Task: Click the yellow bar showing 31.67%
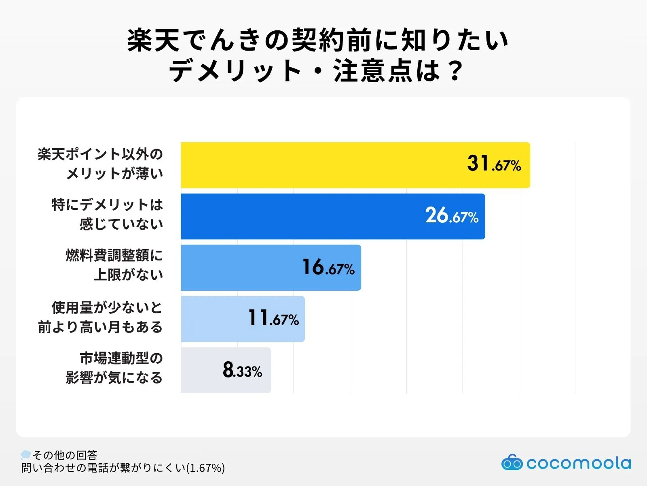(x=323, y=165)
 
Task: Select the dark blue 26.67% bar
(x=303, y=216)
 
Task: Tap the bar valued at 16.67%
(x=243, y=267)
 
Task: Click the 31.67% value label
(x=494, y=164)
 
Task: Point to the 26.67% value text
(x=452, y=216)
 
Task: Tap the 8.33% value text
(x=242, y=370)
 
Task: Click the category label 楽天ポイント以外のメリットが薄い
(x=100, y=164)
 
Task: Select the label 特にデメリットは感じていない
(x=107, y=214)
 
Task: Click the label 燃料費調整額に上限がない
(x=114, y=265)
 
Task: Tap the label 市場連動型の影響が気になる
(x=114, y=368)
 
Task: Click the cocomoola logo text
(x=578, y=463)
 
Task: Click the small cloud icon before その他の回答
(x=26, y=454)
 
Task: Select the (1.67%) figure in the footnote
(x=205, y=468)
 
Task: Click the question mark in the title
(x=455, y=71)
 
